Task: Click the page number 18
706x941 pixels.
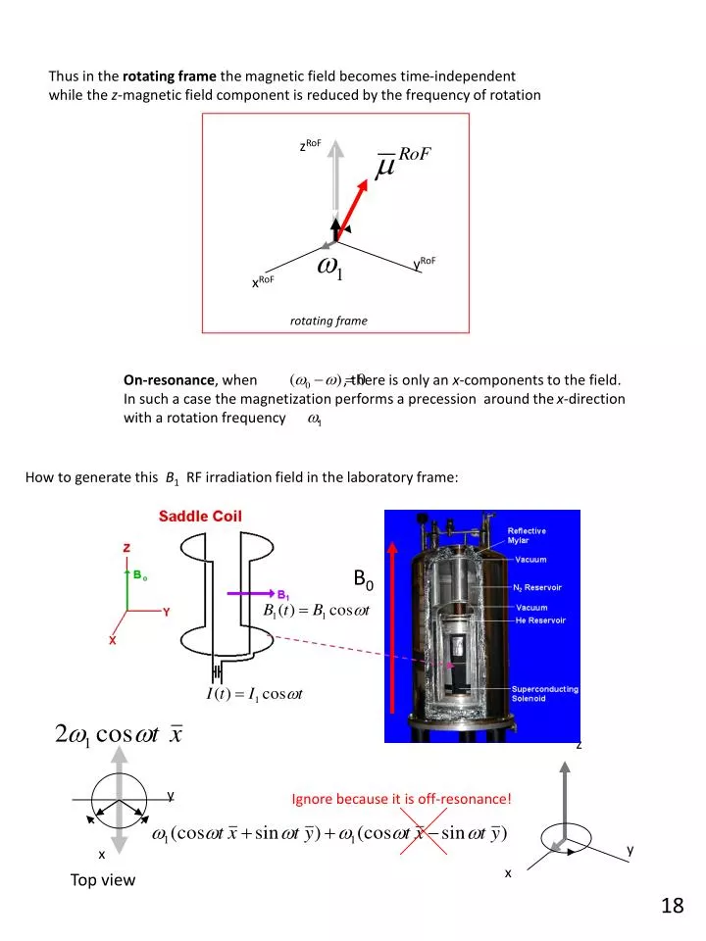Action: pos(672,906)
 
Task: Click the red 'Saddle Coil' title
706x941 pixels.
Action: pos(201,516)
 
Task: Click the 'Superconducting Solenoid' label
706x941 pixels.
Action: pos(544,694)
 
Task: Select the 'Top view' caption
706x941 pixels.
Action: pos(103,880)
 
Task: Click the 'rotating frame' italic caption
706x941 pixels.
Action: pos(328,321)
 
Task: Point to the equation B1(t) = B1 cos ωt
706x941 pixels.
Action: pos(316,612)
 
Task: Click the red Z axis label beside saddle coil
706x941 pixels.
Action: pos(126,548)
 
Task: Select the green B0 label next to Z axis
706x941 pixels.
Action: pos(140,576)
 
